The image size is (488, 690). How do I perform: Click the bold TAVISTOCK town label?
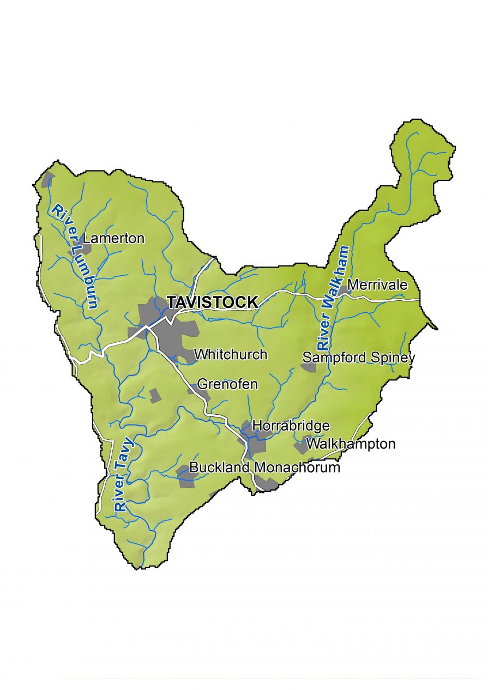point(212,302)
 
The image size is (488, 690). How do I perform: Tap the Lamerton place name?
point(113,238)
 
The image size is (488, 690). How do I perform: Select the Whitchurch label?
point(231,354)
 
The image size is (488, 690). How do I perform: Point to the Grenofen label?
point(227,384)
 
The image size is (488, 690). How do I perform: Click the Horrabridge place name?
point(291,426)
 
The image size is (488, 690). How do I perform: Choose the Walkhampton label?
point(351,444)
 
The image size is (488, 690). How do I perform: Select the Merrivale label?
point(377,285)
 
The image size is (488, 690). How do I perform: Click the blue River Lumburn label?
point(74,256)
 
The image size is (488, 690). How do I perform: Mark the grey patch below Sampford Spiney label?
point(309,368)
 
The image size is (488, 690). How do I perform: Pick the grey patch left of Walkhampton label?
point(300,447)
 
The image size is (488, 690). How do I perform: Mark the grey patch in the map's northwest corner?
point(48,179)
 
